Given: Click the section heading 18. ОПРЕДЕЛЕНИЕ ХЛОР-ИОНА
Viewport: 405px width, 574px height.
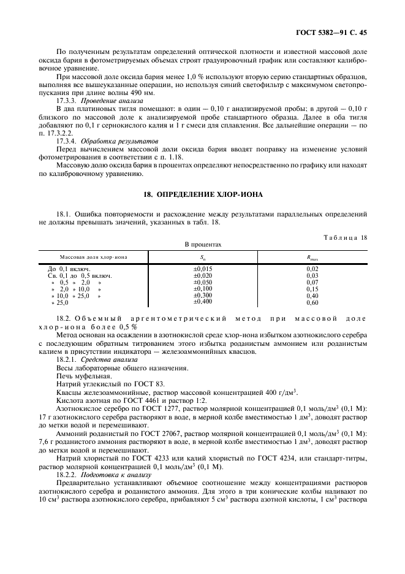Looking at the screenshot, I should tap(203, 194).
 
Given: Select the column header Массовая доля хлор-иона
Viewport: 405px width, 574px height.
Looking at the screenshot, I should tap(94, 257).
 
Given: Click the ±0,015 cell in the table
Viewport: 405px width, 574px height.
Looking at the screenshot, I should tap(203, 269).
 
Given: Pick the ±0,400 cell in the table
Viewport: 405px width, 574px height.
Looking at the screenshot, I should tap(203, 302).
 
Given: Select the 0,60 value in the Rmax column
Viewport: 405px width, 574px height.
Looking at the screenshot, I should tap(312, 302).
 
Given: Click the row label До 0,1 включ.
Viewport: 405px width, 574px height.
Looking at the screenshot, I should tap(69, 269).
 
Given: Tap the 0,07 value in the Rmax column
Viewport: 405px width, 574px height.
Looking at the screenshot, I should tap(312, 282).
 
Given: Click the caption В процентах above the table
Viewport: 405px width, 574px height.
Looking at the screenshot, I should tap(203, 244).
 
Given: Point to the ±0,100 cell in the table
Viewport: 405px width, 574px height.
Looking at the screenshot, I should tap(203, 288).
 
